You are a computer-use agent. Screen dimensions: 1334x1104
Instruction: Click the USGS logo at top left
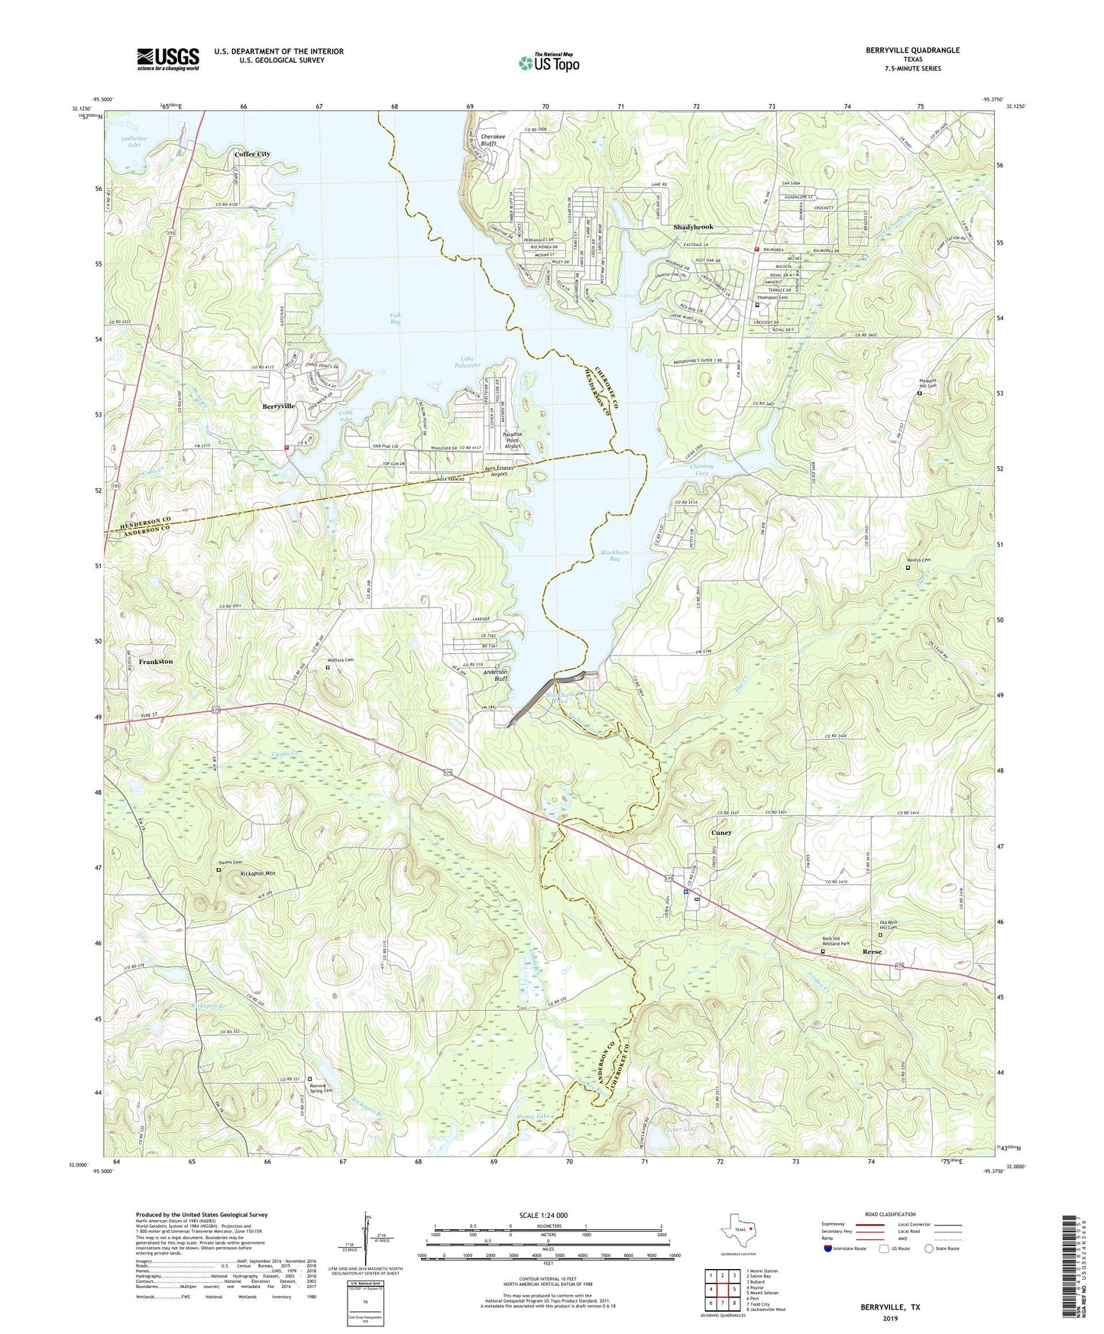[167, 58]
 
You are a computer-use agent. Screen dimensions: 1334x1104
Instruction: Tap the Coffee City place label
[252, 154]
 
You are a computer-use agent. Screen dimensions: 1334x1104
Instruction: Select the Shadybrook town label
[693, 228]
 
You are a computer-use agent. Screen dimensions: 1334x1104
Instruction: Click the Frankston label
[156, 662]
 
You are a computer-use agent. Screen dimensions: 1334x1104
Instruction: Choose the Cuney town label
[721, 833]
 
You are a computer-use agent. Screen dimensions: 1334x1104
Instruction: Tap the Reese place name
[872, 952]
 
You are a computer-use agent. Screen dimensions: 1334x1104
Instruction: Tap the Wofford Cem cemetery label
[341, 660]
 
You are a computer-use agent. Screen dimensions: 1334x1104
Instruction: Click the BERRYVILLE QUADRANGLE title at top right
[912, 50]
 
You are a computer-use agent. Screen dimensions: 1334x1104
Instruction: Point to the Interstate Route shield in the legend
[829, 1248]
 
